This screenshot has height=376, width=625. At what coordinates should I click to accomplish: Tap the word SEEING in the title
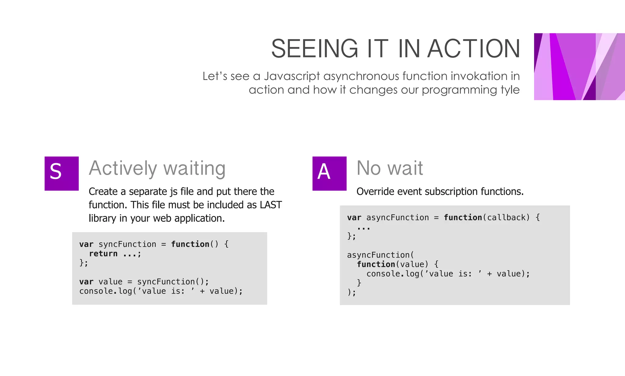pyautogui.click(x=314, y=49)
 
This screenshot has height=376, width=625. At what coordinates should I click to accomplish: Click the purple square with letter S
pyautogui.click(x=62, y=173)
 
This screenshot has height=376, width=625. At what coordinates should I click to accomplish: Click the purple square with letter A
pyautogui.click(x=329, y=173)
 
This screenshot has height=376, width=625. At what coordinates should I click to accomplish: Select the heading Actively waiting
pyautogui.click(x=157, y=168)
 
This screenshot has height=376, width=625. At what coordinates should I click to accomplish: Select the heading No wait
pyautogui.click(x=390, y=168)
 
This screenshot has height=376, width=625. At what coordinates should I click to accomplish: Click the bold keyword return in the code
pyautogui.click(x=103, y=254)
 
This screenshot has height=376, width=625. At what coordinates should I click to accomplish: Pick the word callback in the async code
pyautogui.click(x=507, y=218)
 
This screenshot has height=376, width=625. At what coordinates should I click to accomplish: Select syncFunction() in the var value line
pyautogui.click(x=173, y=282)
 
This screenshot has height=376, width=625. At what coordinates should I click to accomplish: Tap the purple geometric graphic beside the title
pyautogui.click(x=579, y=67)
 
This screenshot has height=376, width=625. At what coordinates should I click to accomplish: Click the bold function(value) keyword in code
pyautogui.click(x=376, y=265)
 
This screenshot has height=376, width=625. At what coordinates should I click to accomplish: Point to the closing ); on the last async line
pyautogui.click(x=352, y=293)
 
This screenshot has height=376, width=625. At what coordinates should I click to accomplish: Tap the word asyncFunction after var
pyautogui.click(x=397, y=218)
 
